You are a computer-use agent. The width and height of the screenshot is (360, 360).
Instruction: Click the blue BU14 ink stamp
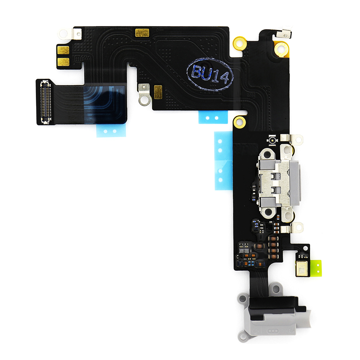(210, 74)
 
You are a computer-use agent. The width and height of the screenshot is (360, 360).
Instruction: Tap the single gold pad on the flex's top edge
(142, 33)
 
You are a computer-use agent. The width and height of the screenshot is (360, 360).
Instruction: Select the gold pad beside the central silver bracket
(158, 92)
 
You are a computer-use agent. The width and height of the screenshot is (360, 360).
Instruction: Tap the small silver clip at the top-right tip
(284, 34)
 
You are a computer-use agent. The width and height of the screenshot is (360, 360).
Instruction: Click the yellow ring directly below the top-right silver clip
(282, 48)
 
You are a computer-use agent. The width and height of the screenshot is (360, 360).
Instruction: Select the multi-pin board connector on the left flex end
(45, 102)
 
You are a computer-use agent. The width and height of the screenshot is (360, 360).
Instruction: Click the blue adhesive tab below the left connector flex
(111, 131)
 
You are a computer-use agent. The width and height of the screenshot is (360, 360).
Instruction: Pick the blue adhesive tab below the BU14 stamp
(213, 117)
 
